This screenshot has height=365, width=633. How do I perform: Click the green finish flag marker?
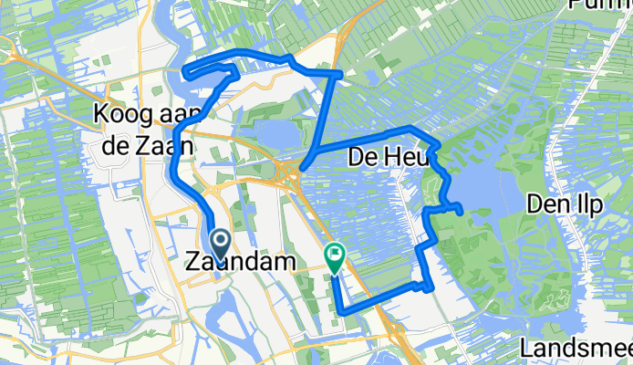click(x=335, y=257)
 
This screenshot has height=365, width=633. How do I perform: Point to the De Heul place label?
click(x=382, y=159)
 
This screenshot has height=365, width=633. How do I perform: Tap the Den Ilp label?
click(x=566, y=205)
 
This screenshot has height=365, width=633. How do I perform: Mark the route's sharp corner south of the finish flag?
click(x=342, y=312)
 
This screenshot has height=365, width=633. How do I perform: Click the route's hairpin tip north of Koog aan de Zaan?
click(x=186, y=71)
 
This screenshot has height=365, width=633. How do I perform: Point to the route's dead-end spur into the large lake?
click(x=462, y=212)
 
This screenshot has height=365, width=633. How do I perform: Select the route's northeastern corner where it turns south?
click(x=339, y=72)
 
